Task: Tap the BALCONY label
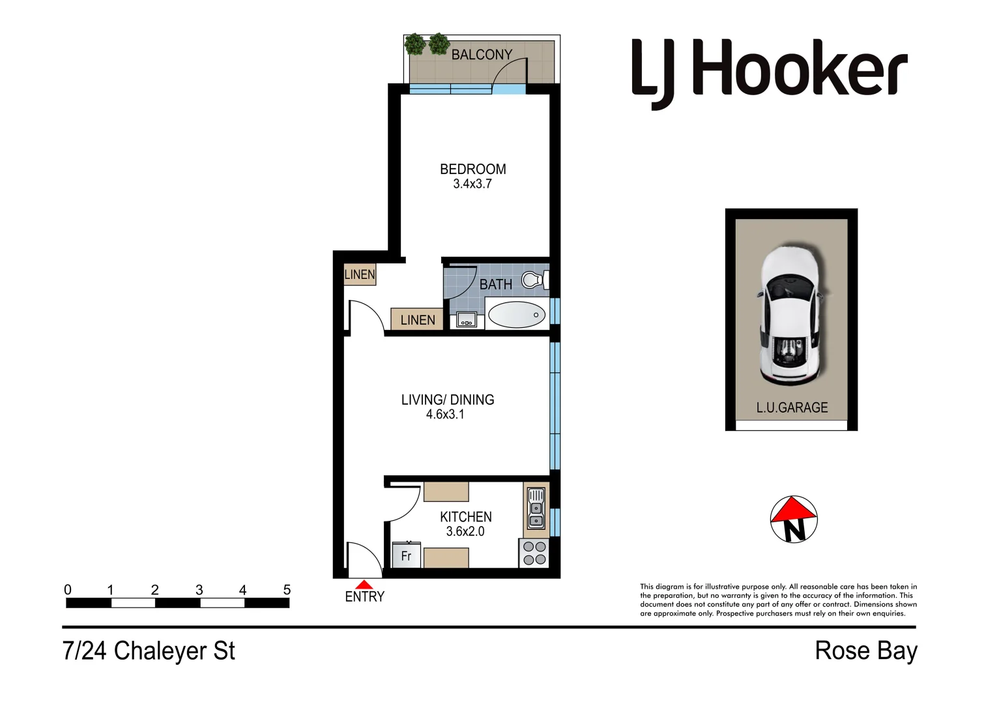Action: point(482,55)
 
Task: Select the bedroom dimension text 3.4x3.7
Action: point(472,184)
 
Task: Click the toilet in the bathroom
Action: point(534,280)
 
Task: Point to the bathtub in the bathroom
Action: point(517,315)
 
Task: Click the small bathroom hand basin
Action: point(466,319)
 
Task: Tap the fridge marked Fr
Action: point(406,555)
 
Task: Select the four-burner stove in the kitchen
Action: point(534,553)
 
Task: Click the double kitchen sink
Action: point(536,508)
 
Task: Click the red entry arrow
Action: point(364,585)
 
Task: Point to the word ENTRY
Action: point(364,597)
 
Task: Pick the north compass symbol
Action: point(793,520)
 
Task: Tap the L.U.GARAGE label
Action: point(792,408)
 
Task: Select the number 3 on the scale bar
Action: point(199,590)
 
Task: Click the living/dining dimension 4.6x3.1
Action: point(445,415)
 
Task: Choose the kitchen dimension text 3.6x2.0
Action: point(465,532)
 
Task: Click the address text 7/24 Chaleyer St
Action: point(149,651)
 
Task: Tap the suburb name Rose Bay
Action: point(865,651)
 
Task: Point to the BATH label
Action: point(496,285)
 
